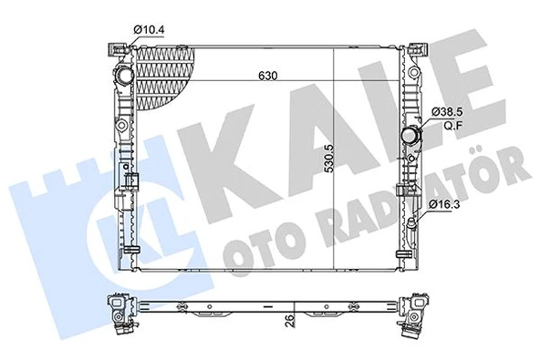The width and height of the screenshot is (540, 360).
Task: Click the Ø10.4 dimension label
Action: tap(149, 30)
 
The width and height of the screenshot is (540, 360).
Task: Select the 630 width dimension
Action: tap(266, 76)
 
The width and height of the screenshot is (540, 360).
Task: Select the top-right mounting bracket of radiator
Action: tap(416, 47)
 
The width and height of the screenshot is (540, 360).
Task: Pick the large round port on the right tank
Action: tap(412, 138)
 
